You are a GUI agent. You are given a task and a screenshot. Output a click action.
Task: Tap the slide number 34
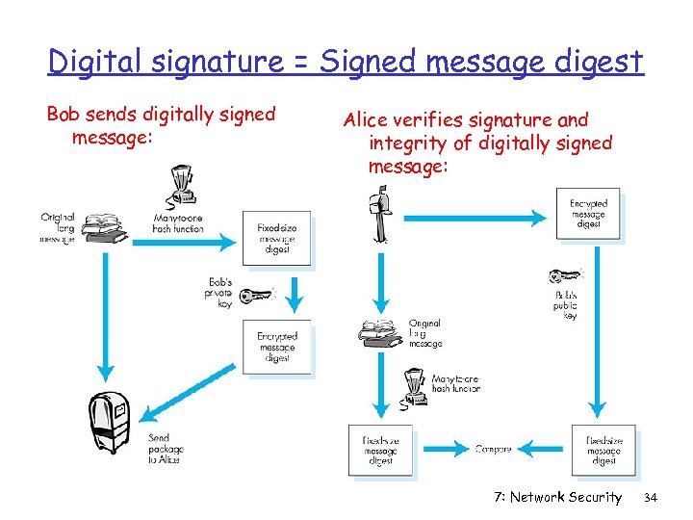click(x=649, y=497)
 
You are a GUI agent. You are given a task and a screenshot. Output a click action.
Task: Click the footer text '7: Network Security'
click(x=557, y=497)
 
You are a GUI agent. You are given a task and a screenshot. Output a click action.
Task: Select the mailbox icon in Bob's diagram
click(x=113, y=422)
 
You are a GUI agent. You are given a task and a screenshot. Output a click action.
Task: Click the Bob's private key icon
click(x=256, y=295)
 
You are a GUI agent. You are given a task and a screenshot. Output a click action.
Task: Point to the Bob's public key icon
click(x=566, y=276)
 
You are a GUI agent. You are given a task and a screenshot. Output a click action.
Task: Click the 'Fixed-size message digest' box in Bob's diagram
click(x=276, y=238)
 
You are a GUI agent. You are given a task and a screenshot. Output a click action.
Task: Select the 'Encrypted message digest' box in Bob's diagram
click(x=276, y=347)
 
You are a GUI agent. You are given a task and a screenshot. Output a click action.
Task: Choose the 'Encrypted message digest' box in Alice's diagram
click(x=588, y=214)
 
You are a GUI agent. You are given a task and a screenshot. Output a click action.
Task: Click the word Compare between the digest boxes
click(x=493, y=449)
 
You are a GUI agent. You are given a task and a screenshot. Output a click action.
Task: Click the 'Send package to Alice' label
click(x=165, y=449)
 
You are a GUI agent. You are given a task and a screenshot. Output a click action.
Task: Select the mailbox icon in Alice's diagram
click(x=379, y=218)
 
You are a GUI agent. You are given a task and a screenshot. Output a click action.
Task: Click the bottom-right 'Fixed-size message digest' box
click(x=603, y=450)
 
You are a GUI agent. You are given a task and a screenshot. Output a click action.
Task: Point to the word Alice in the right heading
click(x=365, y=120)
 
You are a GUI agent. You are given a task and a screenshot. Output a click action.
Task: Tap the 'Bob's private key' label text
click(x=218, y=293)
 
